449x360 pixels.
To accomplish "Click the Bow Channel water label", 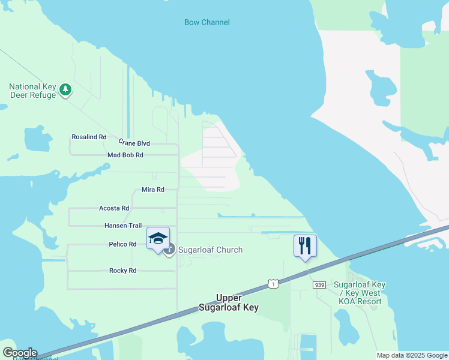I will [x=206, y=23].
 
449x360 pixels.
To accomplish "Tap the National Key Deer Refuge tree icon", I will [x=65, y=91].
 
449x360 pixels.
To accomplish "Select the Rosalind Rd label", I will [x=89, y=137].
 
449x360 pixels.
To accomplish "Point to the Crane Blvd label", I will [x=134, y=143].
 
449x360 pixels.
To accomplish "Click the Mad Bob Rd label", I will [x=125, y=155].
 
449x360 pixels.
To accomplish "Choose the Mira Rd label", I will [x=152, y=190].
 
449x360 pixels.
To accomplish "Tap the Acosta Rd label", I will [x=114, y=208].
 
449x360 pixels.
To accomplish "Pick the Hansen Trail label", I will [x=123, y=226].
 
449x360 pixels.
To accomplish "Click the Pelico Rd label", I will [x=122, y=244].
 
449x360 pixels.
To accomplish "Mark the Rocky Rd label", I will [x=122, y=271].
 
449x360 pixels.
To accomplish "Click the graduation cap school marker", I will [x=158, y=239].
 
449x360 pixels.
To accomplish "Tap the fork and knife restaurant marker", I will [x=305, y=246].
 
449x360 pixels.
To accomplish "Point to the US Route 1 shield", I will [x=274, y=283].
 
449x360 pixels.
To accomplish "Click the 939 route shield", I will [x=319, y=285].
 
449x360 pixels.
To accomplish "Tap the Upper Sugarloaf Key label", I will [x=229, y=303].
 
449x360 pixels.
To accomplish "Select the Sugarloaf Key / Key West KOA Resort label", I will [x=360, y=293].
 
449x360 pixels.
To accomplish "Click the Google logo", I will [x=20, y=353].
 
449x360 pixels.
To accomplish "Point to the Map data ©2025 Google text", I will [x=412, y=355].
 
